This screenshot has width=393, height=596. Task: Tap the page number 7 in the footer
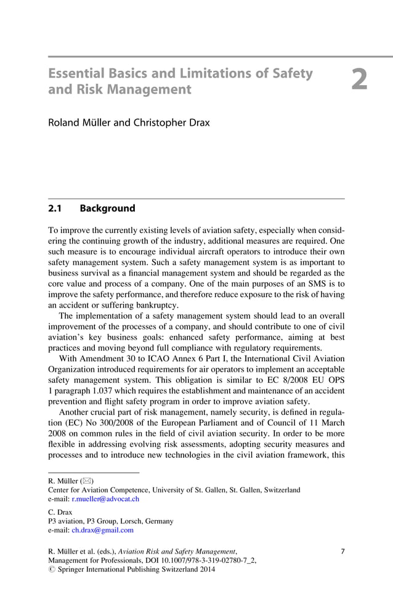pyautogui.click(x=342, y=551)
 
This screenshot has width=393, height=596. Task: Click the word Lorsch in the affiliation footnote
pyautogui.click(x=135, y=521)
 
